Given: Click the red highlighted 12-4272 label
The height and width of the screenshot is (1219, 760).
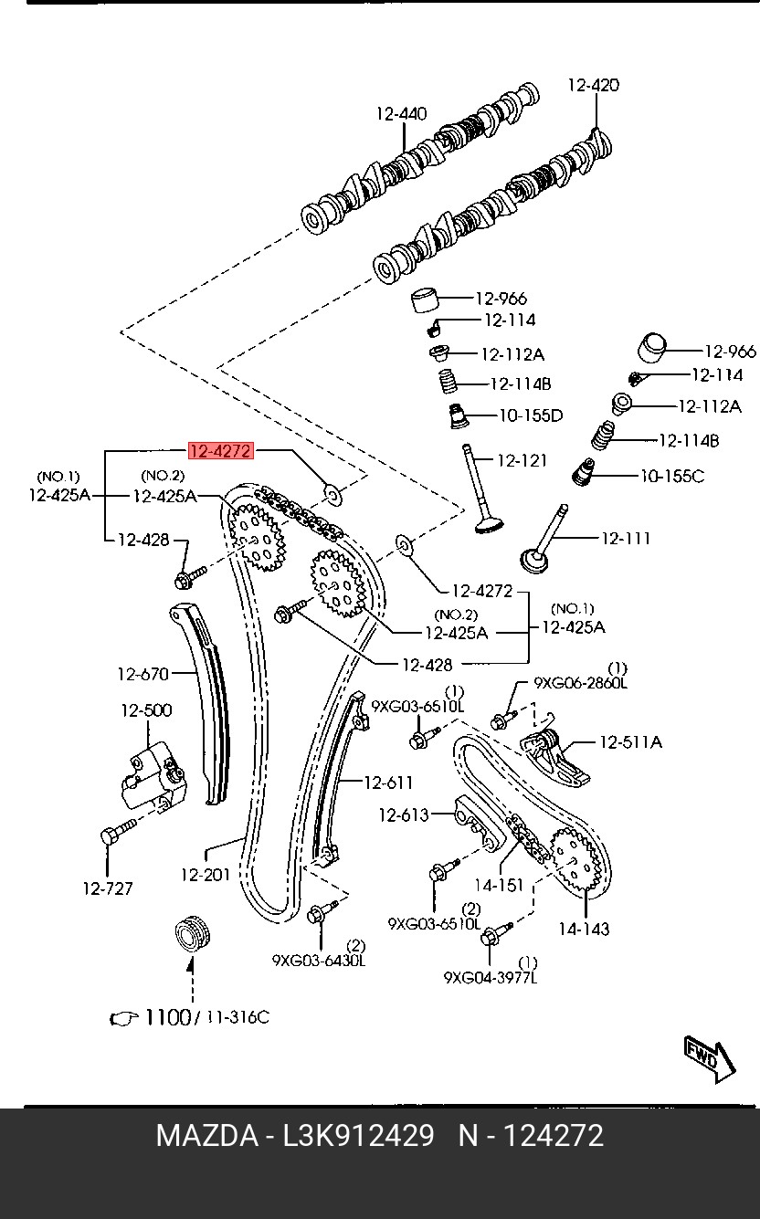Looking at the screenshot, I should click(219, 450).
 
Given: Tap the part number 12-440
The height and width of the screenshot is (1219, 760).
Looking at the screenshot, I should click(401, 114).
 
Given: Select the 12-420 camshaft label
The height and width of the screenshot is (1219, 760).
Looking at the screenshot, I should click(593, 86).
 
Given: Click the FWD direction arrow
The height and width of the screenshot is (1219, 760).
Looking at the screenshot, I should click(709, 1059).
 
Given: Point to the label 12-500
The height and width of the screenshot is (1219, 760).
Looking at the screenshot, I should click(146, 710).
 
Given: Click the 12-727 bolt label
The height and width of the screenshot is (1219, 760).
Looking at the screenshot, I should click(108, 888).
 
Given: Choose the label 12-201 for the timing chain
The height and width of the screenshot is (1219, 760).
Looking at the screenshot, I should click(206, 875).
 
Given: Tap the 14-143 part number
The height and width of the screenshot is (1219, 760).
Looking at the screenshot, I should click(584, 929).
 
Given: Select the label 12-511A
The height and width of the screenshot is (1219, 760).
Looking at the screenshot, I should click(630, 742).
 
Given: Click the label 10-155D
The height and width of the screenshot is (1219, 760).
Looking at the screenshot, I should click(530, 416).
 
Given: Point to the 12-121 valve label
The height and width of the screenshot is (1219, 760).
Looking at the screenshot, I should click(522, 460).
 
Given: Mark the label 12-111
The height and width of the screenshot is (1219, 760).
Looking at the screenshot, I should click(626, 539).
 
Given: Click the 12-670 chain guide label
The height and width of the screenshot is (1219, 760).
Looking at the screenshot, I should click(142, 675).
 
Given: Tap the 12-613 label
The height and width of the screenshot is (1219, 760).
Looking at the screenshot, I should click(403, 814).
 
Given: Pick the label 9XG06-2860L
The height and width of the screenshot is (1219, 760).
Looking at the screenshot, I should click(581, 683).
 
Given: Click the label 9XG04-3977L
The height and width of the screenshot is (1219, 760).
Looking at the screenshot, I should click(491, 978).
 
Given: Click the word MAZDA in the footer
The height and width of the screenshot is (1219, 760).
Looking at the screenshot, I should click(206, 1136).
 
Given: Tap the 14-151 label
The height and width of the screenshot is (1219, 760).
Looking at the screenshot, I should click(498, 885).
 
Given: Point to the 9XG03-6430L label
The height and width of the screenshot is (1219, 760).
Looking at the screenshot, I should click(319, 961).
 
